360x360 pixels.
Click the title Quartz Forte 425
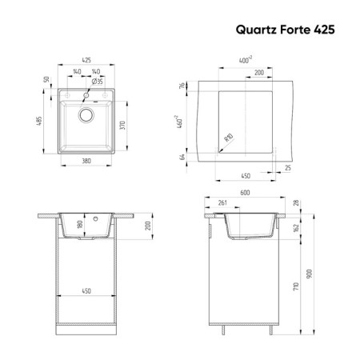(285, 30)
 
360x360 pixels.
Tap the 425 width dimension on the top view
(86, 60)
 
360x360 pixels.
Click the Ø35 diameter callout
(97, 82)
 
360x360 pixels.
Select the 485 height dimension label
(39, 121)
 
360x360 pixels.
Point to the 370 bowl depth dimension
(122, 125)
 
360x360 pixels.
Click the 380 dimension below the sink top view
(86, 161)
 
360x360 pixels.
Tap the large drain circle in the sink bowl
(86, 115)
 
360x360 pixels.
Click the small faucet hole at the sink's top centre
(86, 95)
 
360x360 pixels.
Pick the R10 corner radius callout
(229, 138)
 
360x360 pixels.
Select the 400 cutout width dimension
(246, 60)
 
